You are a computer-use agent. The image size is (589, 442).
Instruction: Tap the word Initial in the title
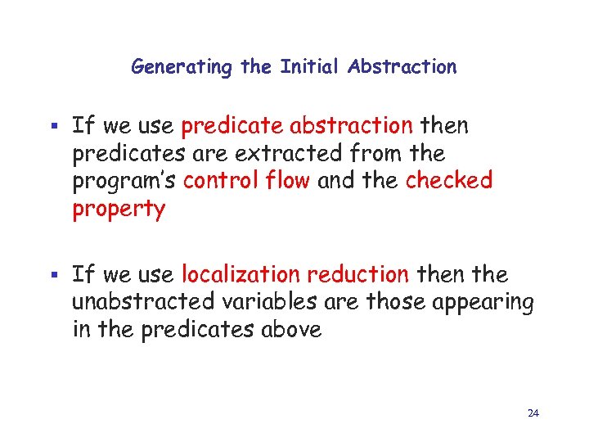click(x=310, y=67)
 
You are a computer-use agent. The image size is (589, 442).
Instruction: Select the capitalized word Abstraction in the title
click(x=402, y=67)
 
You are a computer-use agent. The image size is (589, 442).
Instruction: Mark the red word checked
click(x=449, y=181)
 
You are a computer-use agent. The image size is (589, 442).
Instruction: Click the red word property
click(x=119, y=210)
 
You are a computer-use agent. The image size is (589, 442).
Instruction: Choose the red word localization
click(x=241, y=274)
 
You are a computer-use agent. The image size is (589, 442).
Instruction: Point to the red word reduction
click(x=359, y=274)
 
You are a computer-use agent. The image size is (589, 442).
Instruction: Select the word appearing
click(x=484, y=303)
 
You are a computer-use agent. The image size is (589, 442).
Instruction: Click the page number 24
click(x=533, y=413)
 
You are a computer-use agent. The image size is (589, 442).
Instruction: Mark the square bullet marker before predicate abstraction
click(x=56, y=128)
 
